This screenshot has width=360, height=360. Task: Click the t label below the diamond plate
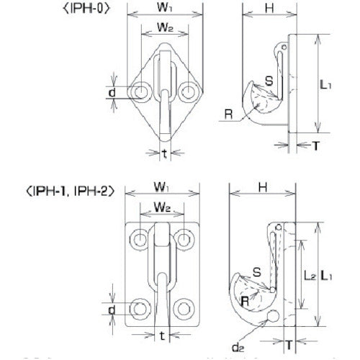165,153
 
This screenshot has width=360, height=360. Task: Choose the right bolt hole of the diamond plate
189,91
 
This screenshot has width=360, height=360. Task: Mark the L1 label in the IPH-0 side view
327,84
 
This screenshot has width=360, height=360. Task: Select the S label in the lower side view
257,273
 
